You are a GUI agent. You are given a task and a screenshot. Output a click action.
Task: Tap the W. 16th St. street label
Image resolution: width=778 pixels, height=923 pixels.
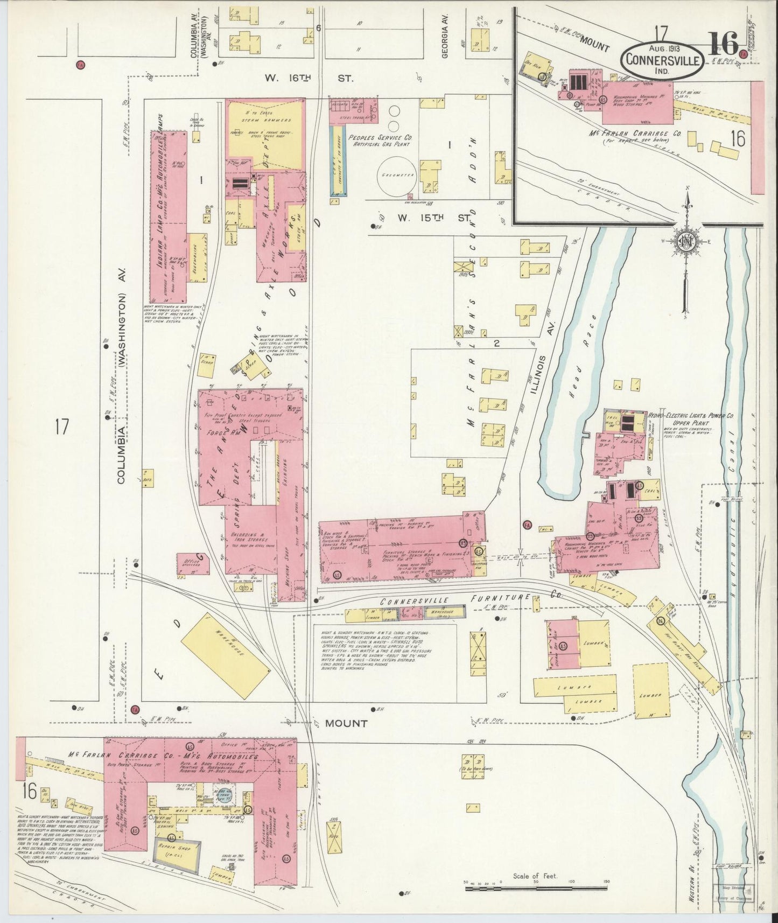pos(309,78)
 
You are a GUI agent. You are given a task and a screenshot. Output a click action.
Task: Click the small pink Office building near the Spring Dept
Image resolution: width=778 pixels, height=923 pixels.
pos(192,563)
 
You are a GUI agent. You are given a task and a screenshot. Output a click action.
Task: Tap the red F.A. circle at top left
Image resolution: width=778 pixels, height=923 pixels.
pos(81,65)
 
